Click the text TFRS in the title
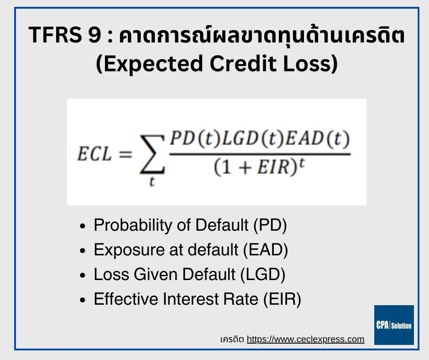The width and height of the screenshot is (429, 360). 55,35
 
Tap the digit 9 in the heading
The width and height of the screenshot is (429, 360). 94,35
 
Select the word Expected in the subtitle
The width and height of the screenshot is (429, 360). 153,64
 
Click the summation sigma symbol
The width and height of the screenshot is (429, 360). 152,154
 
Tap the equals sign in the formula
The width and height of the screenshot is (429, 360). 126,154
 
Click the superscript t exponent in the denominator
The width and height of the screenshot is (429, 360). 302,163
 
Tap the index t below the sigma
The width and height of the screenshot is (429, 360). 152,181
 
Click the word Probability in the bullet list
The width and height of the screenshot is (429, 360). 133,226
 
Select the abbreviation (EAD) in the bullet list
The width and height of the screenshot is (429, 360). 266,250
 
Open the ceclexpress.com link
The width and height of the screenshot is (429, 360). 305,339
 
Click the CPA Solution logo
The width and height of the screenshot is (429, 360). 394,325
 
